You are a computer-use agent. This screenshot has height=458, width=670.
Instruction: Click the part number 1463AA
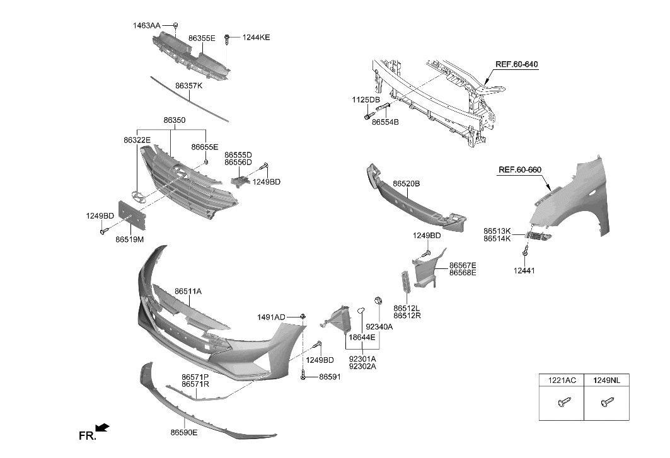tap(146, 26)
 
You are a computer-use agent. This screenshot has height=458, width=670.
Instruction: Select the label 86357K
tap(188, 85)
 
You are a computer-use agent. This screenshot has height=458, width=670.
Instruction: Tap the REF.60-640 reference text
tap(516, 64)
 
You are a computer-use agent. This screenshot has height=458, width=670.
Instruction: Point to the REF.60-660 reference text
tap(519, 169)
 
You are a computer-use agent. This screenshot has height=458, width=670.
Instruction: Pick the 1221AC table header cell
tap(560, 381)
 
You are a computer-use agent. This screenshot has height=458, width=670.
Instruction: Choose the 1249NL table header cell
tap(606, 381)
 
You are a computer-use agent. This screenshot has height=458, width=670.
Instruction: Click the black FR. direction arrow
tap(103, 428)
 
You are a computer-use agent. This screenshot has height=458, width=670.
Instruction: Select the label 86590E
tap(183, 432)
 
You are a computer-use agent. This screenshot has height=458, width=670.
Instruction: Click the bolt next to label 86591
tap(304, 376)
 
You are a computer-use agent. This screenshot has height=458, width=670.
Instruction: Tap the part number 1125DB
tap(366, 100)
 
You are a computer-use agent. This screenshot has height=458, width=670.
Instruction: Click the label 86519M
tap(129, 239)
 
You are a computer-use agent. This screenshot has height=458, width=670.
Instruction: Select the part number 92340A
tap(379, 326)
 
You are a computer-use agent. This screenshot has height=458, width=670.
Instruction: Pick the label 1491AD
tap(271, 316)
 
